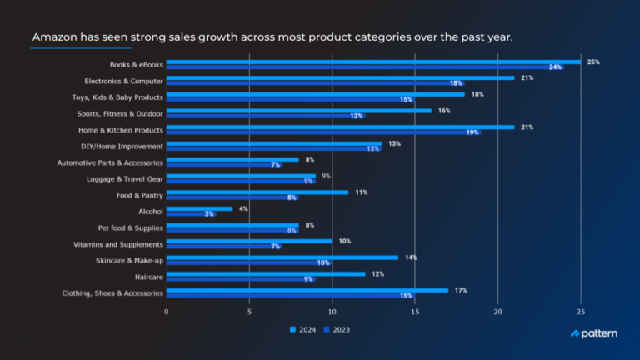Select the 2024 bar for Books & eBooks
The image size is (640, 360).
coord(373,62)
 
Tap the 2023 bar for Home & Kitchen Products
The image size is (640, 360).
coord(323,132)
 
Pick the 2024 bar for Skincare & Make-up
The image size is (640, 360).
coord(282,257)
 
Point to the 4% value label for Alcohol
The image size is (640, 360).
coord(243,208)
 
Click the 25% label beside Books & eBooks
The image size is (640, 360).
coord(592,62)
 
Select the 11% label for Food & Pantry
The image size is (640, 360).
coord(360,192)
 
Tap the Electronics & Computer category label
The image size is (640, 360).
coord(123,81)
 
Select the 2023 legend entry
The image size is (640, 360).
coord(337,329)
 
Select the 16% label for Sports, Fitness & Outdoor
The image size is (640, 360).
coord(444,111)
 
